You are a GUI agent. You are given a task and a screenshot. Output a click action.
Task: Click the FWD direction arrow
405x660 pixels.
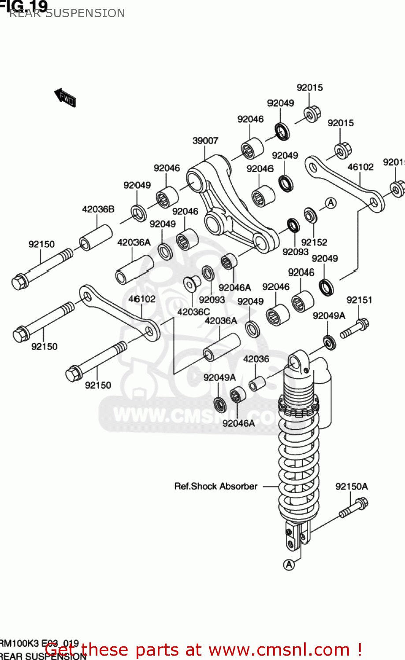pyautogui.click(x=65, y=97)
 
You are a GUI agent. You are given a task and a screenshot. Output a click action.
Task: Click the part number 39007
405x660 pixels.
pyautogui.click(x=205, y=141)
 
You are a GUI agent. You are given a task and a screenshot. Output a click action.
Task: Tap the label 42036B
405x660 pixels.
pyautogui.click(x=98, y=209)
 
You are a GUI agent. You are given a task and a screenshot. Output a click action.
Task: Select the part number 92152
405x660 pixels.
pyautogui.click(x=314, y=242)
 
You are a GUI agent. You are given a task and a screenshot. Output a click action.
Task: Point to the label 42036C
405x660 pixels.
pyautogui.click(x=193, y=312)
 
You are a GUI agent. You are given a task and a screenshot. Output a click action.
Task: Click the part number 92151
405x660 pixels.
pyautogui.click(x=359, y=300)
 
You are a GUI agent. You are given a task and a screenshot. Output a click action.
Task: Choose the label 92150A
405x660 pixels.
pyautogui.click(x=351, y=487)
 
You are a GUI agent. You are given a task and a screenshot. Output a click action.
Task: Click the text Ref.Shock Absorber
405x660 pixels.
pyautogui.click(x=216, y=487)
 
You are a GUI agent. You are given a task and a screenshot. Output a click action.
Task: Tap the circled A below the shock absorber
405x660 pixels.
pyautogui.click(x=289, y=565)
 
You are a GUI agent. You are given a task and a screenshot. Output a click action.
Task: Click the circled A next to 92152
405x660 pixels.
pyautogui.click(x=331, y=203)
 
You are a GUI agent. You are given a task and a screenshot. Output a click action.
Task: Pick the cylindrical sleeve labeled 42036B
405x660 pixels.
pyautogui.click(x=95, y=238)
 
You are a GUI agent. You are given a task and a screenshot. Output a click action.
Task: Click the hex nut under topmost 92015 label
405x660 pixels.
pyautogui.click(x=312, y=114)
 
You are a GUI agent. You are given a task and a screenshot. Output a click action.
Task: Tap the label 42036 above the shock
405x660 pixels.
pyautogui.click(x=256, y=359)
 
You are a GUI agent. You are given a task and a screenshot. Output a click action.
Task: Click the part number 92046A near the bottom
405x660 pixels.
pyautogui.click(x=238, y=423)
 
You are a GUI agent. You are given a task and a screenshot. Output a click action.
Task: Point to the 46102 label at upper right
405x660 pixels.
pyautogui.click(x=360, y=167)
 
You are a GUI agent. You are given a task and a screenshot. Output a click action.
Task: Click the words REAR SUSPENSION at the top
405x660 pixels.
pyautogui.click(x=67, y=13)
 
